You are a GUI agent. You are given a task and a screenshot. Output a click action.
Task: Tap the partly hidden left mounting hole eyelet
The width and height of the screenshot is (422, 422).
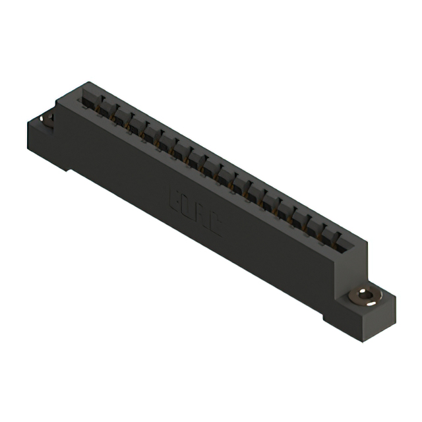pyautogui.click(x=48, y=119)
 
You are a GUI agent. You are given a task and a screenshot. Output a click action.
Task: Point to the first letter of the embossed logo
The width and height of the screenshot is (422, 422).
pyautogui.click(x=177, y=197)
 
